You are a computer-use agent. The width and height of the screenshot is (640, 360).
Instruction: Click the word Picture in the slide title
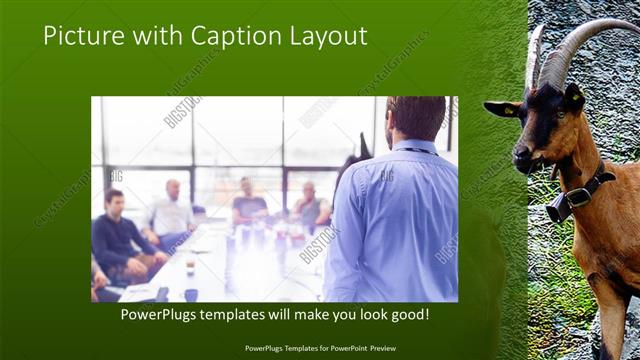click(83, 36)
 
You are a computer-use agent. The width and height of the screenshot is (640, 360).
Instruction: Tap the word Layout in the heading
click(327, 36)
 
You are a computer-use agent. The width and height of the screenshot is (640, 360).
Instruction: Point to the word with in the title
click(156, 36)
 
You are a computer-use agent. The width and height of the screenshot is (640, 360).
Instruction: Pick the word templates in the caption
click(244, 314)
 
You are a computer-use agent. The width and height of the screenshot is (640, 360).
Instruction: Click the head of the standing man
click(414, 118)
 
